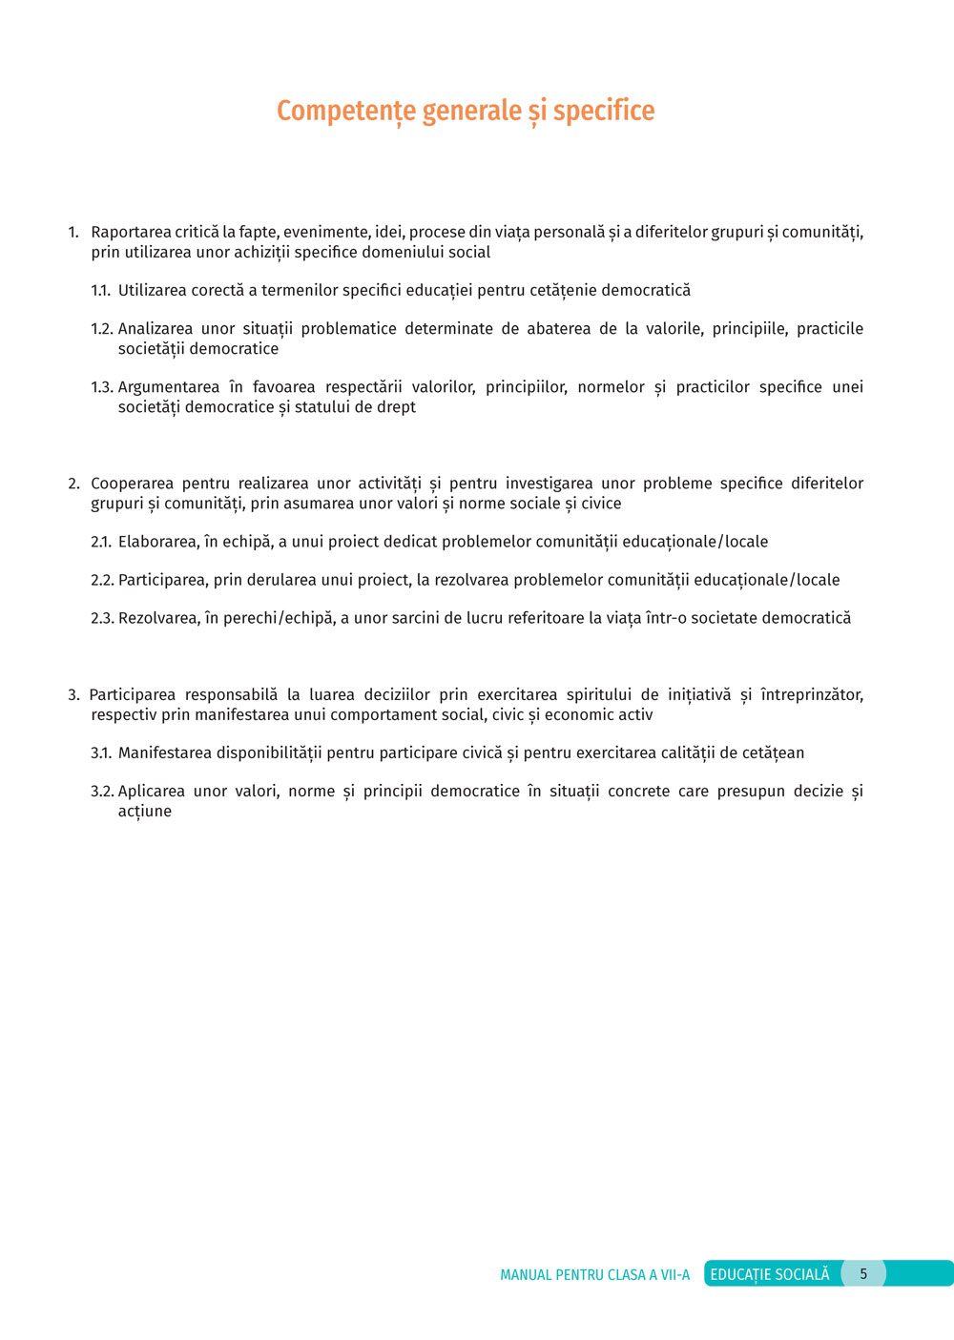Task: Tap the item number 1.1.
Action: [101, 291]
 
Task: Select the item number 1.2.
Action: [102, 329]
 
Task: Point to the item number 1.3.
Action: [102, 387]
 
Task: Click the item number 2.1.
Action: [101, 542]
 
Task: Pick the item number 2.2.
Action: [102, 580]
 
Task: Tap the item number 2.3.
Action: [102, 618]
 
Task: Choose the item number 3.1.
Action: [101, 753]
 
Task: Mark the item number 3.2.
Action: [102, 792]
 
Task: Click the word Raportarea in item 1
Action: [131, 233]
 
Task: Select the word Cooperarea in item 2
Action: [132, 484]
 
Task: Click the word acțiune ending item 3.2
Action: [145, 812]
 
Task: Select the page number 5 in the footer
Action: [863, 1274]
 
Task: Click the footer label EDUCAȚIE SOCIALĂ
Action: [770, 1274]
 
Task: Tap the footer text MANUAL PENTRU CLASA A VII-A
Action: [594, 1275]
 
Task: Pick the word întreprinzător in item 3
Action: [812, 695]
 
